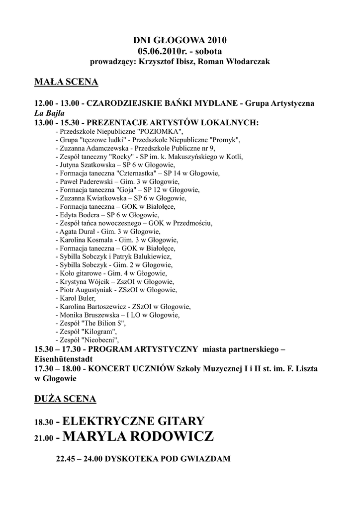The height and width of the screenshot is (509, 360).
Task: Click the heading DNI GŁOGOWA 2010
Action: coord(180,41)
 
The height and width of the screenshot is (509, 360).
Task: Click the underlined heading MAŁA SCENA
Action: coord(66,82)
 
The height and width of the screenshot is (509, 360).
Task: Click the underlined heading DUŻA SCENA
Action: coord(66,399)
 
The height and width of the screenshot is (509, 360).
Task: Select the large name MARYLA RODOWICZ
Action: coord(139,437)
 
